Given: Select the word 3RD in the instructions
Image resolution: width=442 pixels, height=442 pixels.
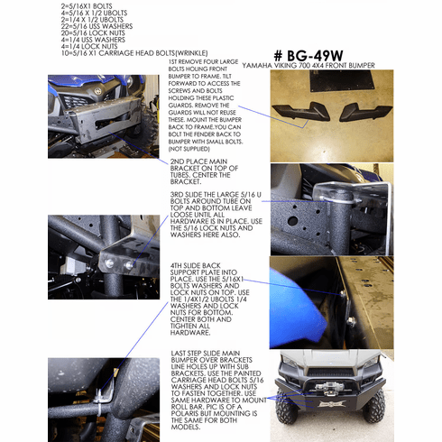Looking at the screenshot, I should (x=179, y=194).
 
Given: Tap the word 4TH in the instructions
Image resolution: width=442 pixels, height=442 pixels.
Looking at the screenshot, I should (x=179, y=266).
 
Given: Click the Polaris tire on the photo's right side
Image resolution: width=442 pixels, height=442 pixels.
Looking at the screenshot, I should (x=420, y=409).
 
